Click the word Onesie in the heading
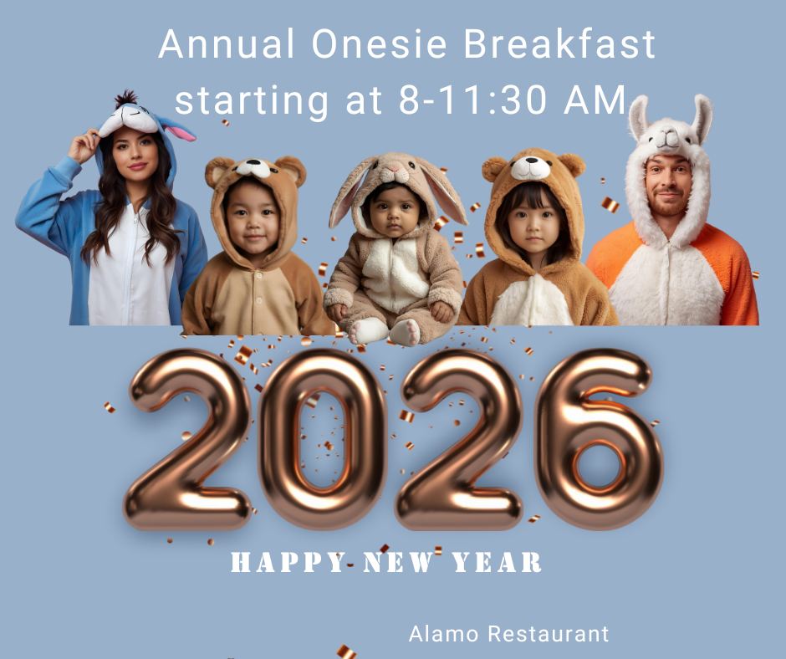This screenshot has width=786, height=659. pos(379,43)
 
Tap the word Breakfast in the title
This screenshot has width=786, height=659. pos(559,43)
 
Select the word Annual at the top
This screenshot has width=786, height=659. pos(227,43)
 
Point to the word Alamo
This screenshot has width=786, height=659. pos(444,634)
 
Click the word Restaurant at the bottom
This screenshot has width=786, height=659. pos(549,634)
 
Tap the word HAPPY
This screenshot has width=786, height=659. pos(288,562)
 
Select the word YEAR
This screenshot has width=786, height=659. pos(497,562)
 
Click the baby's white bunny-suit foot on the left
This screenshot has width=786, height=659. pos(367,330)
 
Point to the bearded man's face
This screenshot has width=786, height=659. pos(668,186)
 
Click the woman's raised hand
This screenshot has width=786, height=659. pos(84,146)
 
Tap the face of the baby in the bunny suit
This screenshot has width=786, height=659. pos(394,212)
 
